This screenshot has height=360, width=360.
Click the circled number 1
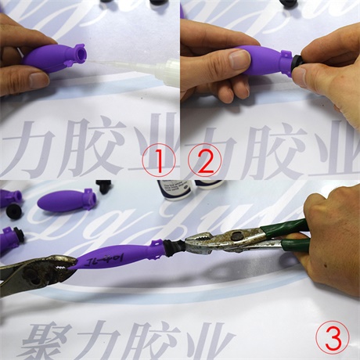coord(160,162)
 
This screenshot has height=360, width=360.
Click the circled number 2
coord(205,162)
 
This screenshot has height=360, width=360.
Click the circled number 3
coord(332,339)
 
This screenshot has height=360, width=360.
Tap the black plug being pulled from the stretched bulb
coord(174,247)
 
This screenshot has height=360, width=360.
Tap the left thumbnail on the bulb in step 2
coord(239,59)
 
